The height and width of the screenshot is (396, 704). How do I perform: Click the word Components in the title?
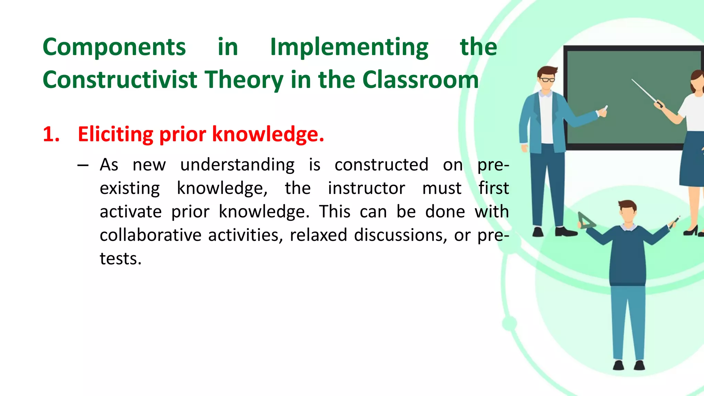(114, 47)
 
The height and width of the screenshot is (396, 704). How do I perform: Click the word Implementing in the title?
(349, 48)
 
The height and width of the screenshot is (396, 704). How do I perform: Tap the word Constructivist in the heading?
(120, 80)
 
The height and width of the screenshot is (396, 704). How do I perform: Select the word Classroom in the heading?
(420, 80)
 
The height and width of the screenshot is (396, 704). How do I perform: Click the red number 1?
(50, 134)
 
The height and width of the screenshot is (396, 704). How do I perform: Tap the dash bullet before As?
(83, 166)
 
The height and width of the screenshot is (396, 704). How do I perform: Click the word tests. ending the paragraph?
(121, 259)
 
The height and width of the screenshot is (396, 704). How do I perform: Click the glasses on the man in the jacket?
(547, 80)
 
